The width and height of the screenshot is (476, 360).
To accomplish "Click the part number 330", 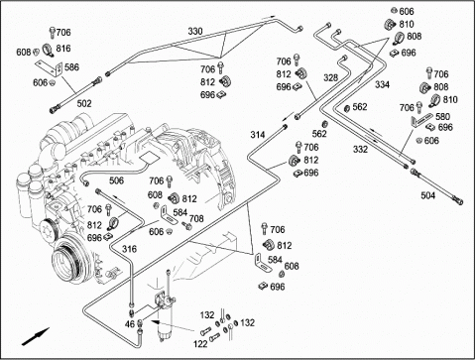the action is [x=195, y=32].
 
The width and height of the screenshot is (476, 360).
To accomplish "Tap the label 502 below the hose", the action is [x=84, y=104].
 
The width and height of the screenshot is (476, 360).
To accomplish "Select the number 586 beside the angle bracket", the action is [x=71, y=67].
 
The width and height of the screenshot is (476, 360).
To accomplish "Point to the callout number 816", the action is [x=63, y=49].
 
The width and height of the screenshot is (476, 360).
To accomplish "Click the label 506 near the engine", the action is [x=116, y=180].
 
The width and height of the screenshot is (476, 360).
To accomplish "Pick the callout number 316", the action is [x=129, y=249].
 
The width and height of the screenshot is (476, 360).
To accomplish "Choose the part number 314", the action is [x=258, y=135].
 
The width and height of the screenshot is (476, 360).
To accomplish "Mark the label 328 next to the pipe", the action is [x=331, y=77].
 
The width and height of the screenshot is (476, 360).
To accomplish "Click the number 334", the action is [x=382, y=84].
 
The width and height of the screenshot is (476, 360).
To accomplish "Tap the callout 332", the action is [x=360, y=150].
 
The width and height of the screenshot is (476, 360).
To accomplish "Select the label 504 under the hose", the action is [x=428, y=195].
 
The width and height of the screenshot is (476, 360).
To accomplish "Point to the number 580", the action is [x=442, y=116].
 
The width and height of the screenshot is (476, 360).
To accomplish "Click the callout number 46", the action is [x=130, y=323].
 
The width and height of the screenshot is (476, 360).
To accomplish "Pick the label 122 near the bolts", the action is [x=200, y=344].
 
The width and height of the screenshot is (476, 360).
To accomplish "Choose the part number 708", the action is [x=196, y=218].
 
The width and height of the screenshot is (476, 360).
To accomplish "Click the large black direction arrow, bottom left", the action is [x=36, y=336].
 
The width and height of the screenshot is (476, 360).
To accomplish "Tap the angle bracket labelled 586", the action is [x=49, y=68].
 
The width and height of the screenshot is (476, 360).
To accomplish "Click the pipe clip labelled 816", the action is [x=49, y=50].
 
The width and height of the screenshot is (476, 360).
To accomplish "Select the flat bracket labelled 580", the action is [x=421, y=120].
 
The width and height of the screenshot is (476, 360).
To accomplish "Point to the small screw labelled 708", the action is [x=187, y=226].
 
